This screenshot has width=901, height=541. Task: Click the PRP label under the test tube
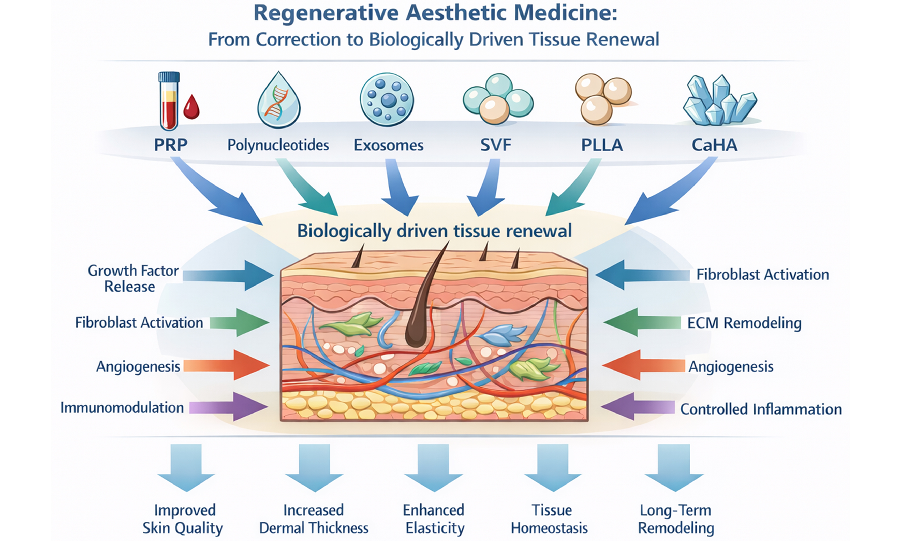pos(170,145)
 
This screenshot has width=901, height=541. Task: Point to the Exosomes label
pos(388,145)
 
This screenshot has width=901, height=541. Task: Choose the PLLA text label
pos(602,145)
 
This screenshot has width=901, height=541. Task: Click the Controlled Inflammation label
pos(761,409)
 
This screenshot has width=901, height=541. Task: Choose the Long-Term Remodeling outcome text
pos(676,519)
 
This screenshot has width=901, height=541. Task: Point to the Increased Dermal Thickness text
pos(314,519)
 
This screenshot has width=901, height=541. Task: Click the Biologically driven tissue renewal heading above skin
pos(434,231)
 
